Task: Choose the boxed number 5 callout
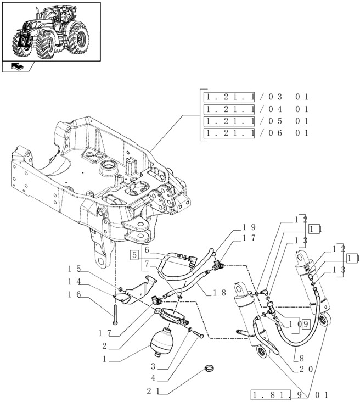pos(133,254)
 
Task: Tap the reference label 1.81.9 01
pos(290,394)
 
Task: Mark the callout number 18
pos(220,293)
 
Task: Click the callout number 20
pos(306,369)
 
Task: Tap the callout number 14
pos(75,282)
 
